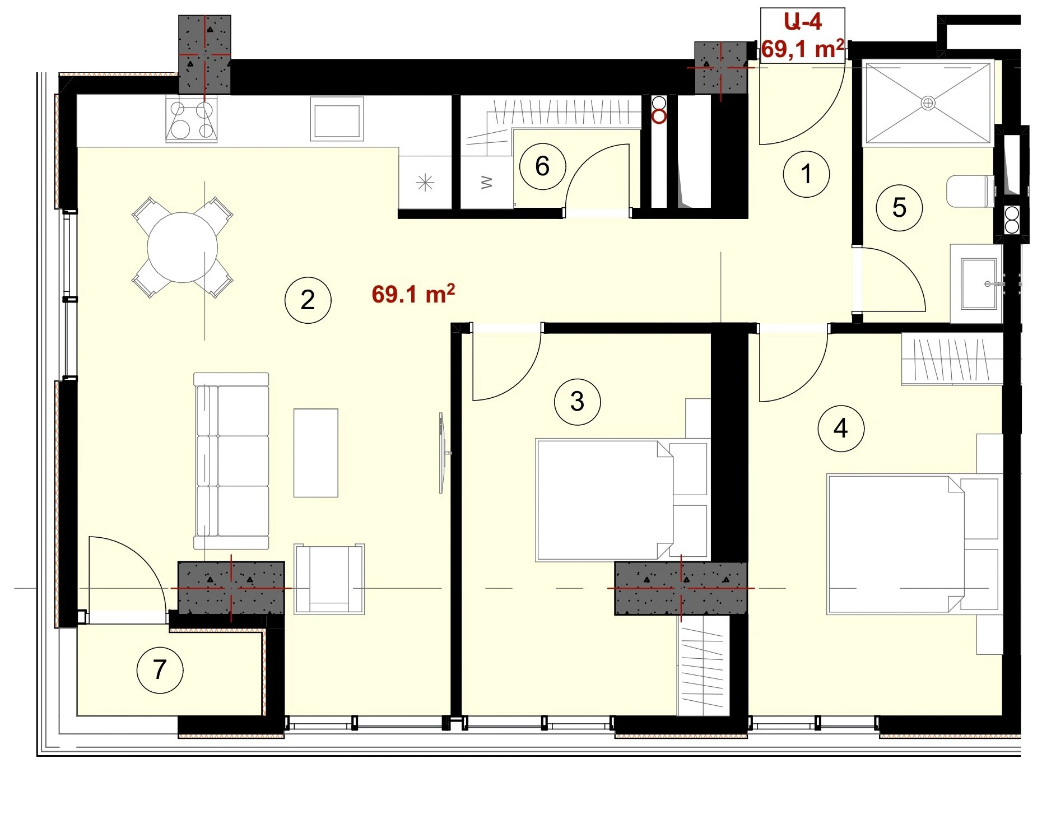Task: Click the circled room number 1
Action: coord(806,174)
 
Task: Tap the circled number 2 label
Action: coord(308,300)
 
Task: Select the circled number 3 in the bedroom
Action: coord(577,402)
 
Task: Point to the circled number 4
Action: coord(840,429)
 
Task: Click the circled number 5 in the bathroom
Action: coord(899,208)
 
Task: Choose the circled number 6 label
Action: coord(542,166)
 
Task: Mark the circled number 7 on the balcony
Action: coord(160,669)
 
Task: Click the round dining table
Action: coord(183,247)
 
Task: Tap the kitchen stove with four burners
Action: coord(191,119)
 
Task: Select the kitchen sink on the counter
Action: coord(337,118)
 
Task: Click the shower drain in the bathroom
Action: coord(928,103)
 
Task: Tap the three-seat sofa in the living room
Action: coord(231,461)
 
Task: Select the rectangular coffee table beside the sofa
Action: coord(316,453)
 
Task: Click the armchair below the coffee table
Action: coord(329,579)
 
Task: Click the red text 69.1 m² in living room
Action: coord(413,294)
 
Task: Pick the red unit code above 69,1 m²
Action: coord(802,22)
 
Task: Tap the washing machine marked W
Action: coord(486,183)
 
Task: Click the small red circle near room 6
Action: coord(660,117)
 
